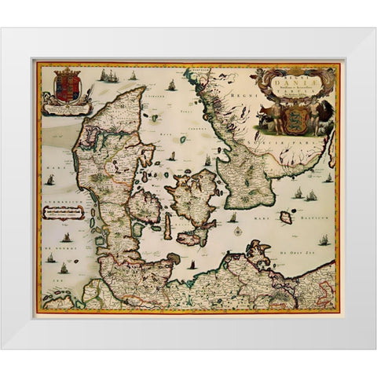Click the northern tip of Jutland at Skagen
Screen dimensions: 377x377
(x=145, y=89)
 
